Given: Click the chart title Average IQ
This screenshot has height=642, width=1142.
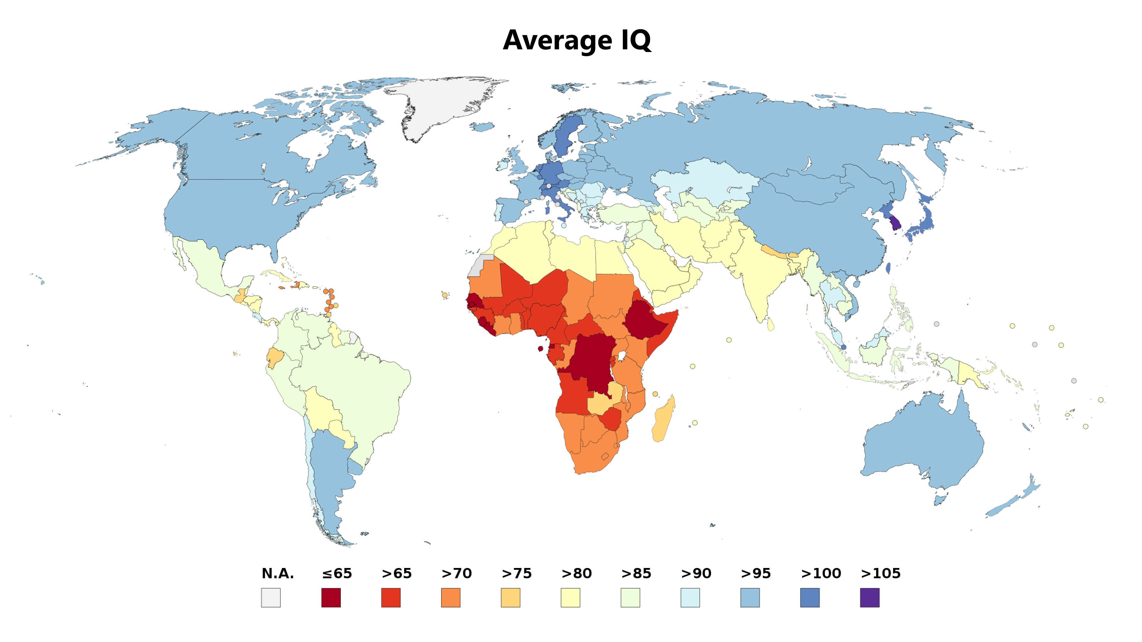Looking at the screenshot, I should [577, 40].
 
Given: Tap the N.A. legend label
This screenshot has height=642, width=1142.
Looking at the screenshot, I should [277, 573].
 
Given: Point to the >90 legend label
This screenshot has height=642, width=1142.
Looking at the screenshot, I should [696, 573].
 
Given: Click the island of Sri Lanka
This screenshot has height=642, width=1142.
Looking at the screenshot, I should [771, 325].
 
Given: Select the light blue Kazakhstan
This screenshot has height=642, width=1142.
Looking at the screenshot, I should [705, 182].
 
